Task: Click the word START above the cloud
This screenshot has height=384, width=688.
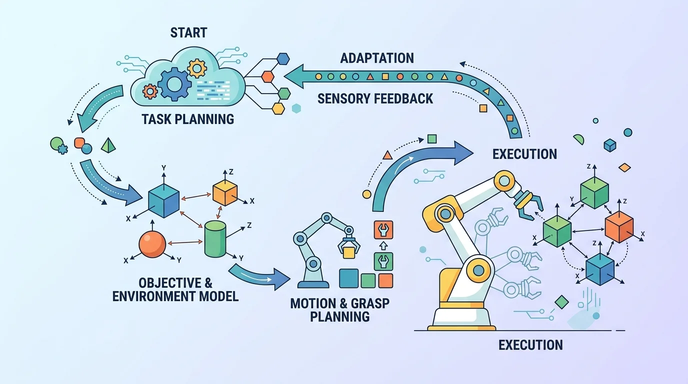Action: [188, 32]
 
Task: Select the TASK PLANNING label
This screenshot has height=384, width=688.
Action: [187, 119]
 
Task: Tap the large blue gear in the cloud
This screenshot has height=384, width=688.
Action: [174, 84]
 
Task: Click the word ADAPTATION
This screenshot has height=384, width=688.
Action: [377, 58]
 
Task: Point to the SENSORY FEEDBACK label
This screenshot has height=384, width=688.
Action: [375, 98]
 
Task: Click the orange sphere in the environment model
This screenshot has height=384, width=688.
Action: [152, 244]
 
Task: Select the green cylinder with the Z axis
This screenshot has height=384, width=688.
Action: [215, 239]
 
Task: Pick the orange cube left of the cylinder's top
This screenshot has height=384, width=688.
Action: [225, 192]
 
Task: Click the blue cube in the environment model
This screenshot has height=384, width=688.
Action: [163, 200]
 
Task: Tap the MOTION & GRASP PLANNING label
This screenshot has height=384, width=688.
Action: [339, 310]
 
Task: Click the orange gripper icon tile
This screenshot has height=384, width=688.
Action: [383, 230]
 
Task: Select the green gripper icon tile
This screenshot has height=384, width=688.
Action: [383, 261]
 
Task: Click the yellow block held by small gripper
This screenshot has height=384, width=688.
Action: [349, 252]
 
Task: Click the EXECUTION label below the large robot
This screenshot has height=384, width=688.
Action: [530, 345]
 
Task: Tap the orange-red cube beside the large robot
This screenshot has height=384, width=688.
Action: [619, 226]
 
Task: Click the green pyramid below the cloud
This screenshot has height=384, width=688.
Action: [108, 145]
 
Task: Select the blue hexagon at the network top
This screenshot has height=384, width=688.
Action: [283, 58]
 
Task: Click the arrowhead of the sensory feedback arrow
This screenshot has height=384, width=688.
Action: [294, 76]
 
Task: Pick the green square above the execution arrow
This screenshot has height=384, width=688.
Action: [432, 139]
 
